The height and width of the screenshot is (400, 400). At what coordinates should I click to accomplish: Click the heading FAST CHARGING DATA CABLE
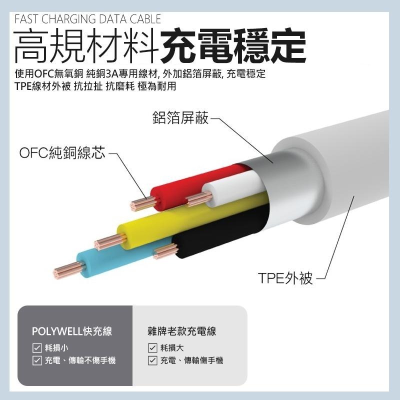pos(88,19)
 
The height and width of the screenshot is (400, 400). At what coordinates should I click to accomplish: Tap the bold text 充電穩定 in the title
pos(232,46)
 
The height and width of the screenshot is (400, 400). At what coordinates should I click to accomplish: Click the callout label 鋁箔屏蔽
pos(180,117)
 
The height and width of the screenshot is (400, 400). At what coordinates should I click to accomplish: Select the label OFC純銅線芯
pos(62,152)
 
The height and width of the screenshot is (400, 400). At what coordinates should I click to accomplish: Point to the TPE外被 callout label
pos(285,278)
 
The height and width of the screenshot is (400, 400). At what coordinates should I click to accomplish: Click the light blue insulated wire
pos(122,260)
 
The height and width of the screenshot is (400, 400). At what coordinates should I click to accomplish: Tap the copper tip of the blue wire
pos(69,270)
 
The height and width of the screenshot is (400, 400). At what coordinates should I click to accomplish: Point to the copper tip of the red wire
pos(143,203)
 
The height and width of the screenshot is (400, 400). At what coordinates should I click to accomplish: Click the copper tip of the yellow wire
pos(110,241)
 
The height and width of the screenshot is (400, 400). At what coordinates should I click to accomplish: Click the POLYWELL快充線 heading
pos(72,331)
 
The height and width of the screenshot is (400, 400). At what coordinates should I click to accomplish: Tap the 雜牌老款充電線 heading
pos(182,331)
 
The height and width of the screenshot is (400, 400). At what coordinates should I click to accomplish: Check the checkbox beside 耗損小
pos(37,348)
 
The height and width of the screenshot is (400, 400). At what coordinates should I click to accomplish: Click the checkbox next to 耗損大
pos(152,348)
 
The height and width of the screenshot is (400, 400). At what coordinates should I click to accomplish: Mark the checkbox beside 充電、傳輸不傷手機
pos(37,360)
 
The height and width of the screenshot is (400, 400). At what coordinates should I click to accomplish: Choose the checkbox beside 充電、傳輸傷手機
pos(152,360)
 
